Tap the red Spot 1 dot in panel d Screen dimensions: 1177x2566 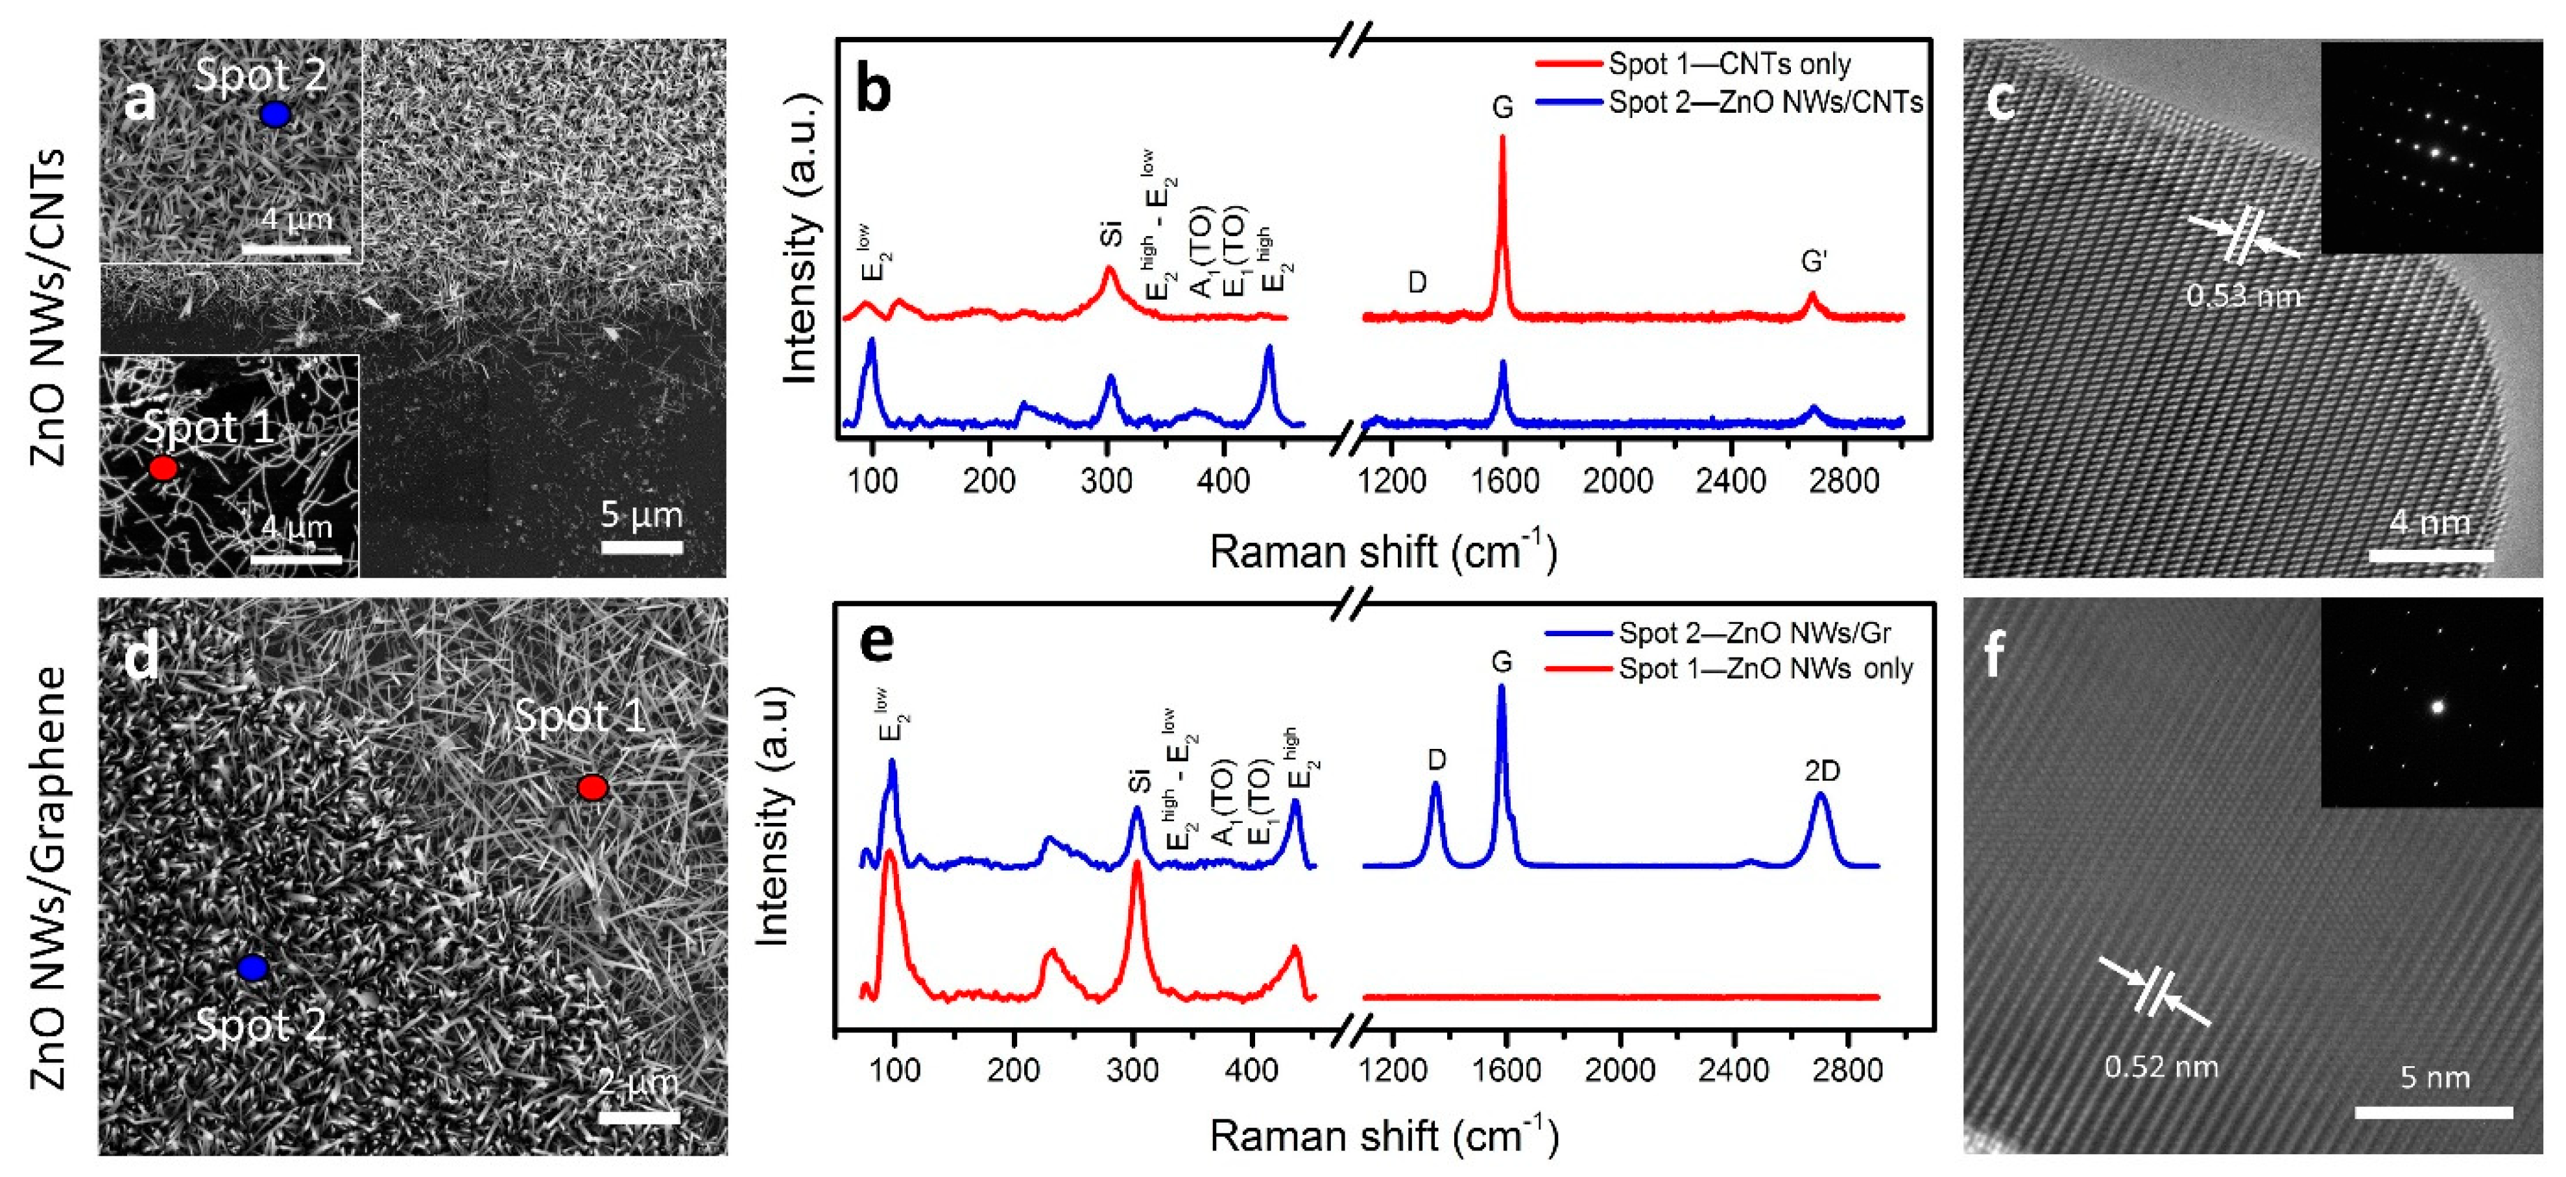[593, 788]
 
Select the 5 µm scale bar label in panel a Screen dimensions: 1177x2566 [641, 515]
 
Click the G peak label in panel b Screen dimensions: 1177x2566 [1502, 108]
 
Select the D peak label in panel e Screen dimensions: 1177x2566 [1436, 760]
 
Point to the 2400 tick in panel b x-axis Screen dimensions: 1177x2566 [1731, 482]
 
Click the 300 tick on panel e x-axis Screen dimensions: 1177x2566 [1133, 1071]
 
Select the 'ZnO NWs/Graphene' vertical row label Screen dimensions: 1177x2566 [50, 876]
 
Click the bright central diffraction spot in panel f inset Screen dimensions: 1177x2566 [2438, 707]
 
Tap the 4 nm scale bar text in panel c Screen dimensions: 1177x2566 [2430, 523]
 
